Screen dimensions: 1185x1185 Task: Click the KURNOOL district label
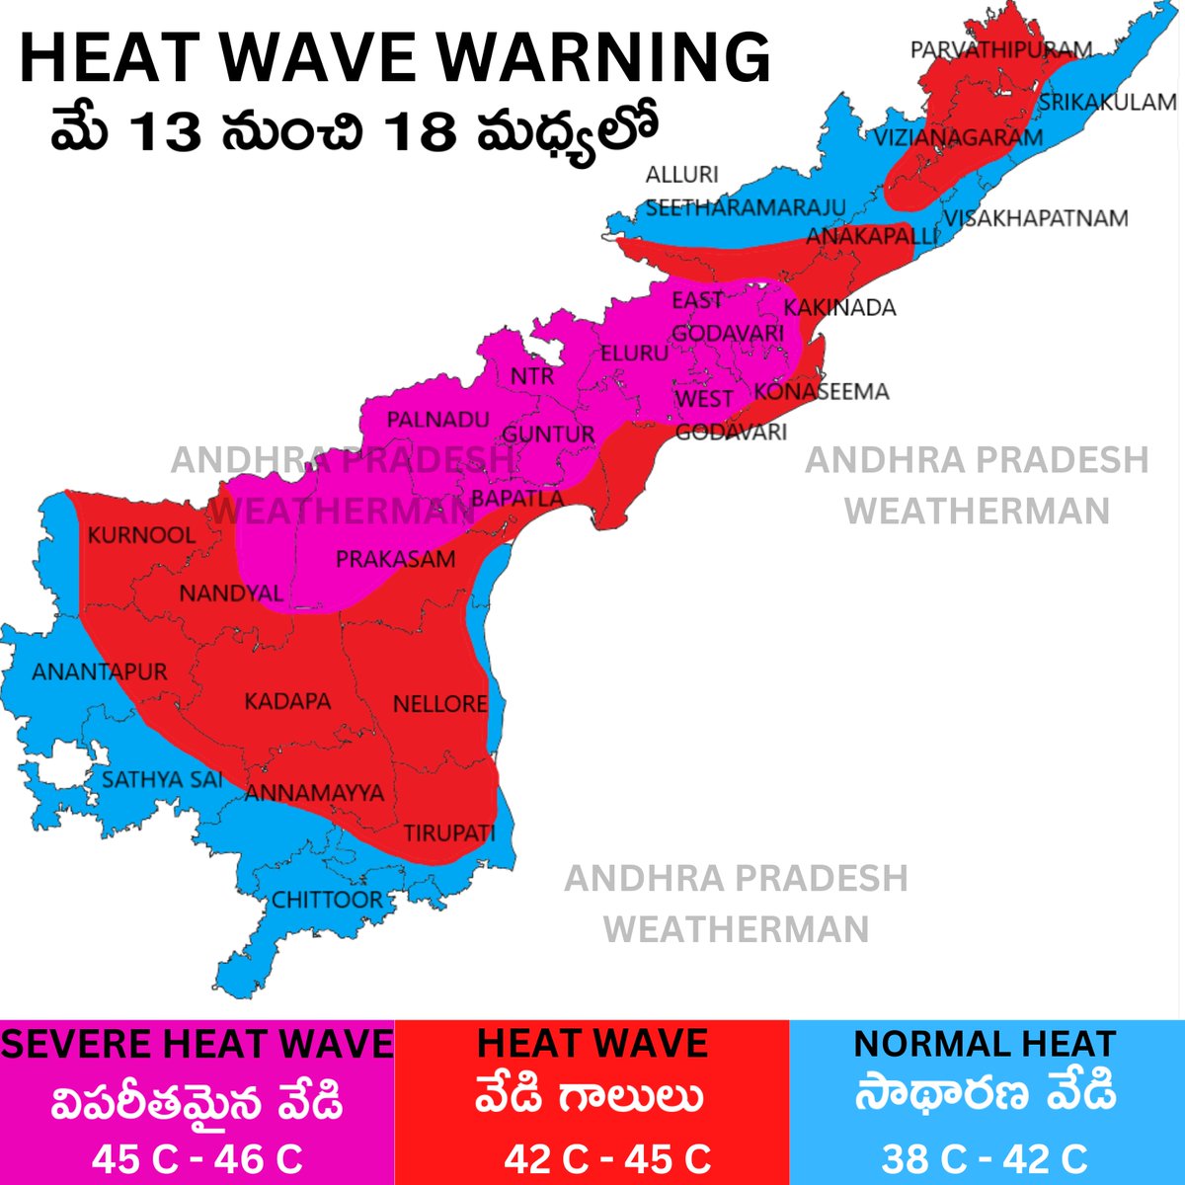[x=141, y=535]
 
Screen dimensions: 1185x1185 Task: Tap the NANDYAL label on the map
[x=231, y=593]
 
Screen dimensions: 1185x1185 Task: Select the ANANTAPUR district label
[x=100, y=672]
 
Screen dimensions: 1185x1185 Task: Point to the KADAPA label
[x=287, y=702]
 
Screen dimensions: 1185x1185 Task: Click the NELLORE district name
[x=439, y=704]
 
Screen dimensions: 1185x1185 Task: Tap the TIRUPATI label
[x=448, y=832]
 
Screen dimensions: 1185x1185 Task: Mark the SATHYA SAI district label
[x=162, y=779]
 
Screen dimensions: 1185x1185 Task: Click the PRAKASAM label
[x=395, y=560]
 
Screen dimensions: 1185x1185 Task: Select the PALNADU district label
[x=437, y=420]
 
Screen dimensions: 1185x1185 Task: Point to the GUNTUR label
[x=548, y=434]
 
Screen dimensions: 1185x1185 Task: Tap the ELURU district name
[x=634, y=352]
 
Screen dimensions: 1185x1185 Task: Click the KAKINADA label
[x=839, y=307]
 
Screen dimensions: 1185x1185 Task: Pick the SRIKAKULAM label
[x=1107, y=102]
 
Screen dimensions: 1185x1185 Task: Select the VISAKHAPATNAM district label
[x=1035, y=218]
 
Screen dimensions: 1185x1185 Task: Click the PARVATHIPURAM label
[x=1000, y=49]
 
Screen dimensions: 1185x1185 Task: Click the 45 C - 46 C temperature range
[x=197, y=1158]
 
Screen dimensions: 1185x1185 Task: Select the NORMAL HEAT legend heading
[x=985, y=1044]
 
